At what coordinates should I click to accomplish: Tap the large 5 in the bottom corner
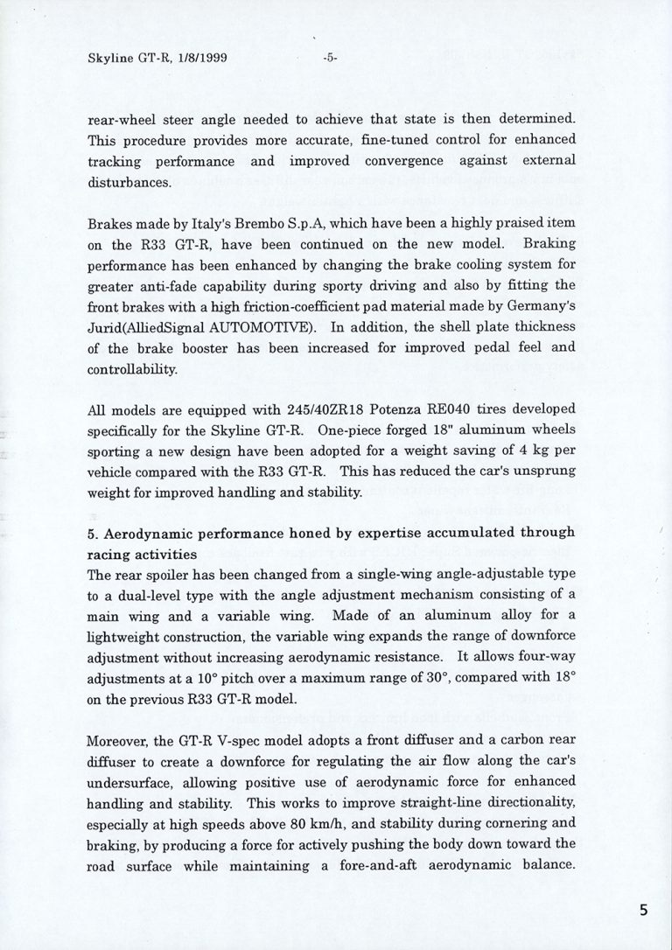(x=644, y=910)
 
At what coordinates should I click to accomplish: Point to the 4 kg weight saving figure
(x=532, y=451)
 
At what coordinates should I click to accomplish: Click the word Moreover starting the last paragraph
(x=118, y=741)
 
